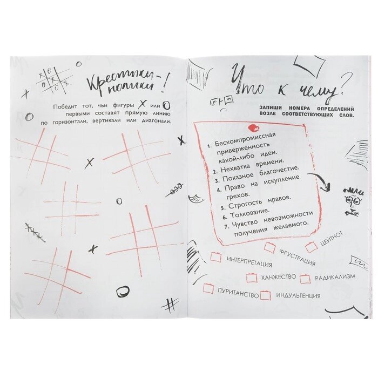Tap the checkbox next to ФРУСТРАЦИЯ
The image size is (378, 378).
[270, 247]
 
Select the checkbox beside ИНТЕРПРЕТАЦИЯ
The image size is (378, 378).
[216, 257]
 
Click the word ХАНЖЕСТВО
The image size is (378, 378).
[279, 277]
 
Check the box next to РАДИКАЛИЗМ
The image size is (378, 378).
[305, 279]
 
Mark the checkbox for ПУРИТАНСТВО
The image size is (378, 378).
[209, 288]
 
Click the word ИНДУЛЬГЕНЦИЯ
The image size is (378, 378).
[298, 295]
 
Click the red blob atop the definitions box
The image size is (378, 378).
[254, 128]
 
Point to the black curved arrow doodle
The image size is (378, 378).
[322, 181]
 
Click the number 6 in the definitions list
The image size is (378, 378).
[225, 217]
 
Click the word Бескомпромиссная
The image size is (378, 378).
[245, 139]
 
